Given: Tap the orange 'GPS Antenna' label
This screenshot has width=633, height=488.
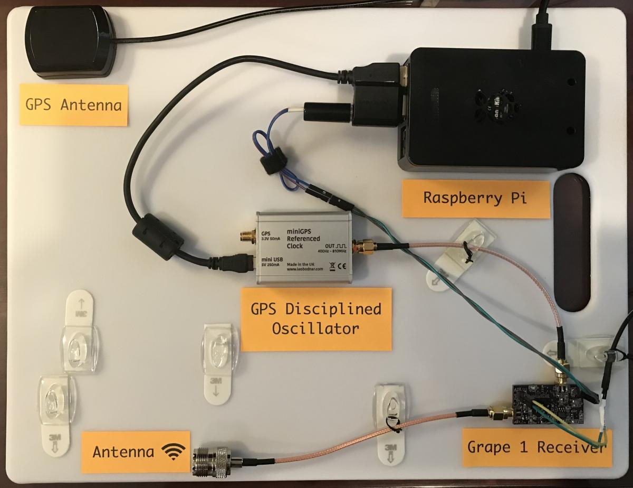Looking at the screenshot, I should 74,105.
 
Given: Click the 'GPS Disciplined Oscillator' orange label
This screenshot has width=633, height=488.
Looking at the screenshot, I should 316,319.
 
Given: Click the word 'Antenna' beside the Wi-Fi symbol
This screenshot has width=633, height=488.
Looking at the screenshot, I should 123,452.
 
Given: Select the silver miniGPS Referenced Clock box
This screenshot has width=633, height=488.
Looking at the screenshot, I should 304,248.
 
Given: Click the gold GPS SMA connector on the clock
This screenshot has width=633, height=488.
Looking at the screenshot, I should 246,236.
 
